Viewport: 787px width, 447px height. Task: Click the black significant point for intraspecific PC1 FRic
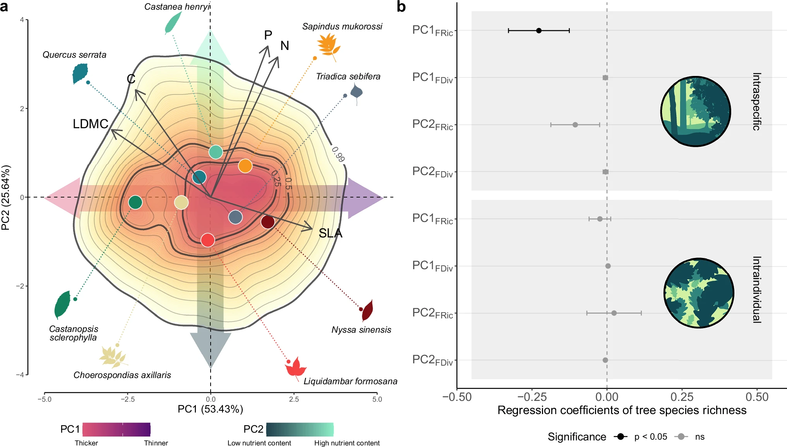(538, 30)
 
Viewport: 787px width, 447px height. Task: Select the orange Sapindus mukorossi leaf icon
(328, 46)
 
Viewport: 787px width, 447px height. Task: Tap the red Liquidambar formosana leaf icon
(296, 367)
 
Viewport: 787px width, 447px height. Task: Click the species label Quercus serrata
(74, 55)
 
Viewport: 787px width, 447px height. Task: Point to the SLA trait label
(330, 233)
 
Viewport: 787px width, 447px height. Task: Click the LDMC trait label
(91, 124)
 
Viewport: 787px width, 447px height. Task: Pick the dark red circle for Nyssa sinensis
(267, 222)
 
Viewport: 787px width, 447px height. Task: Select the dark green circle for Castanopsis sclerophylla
(135, 202)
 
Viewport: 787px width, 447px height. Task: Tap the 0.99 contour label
(338, 154)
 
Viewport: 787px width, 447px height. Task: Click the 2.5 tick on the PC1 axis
(294, 399)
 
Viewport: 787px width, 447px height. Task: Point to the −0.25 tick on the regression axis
(532, 397)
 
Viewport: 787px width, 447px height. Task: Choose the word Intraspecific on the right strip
(756, 101)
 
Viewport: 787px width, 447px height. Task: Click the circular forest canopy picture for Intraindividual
(698, 293)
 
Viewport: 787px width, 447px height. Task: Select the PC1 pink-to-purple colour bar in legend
(117, 430)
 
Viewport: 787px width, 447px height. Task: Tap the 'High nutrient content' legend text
(347, 443)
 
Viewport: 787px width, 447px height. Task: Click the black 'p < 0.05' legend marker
(621, 437)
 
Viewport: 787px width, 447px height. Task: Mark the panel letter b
(401, 7)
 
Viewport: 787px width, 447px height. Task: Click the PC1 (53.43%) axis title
(210, 409)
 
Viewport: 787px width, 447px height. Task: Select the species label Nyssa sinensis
(361, 330)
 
